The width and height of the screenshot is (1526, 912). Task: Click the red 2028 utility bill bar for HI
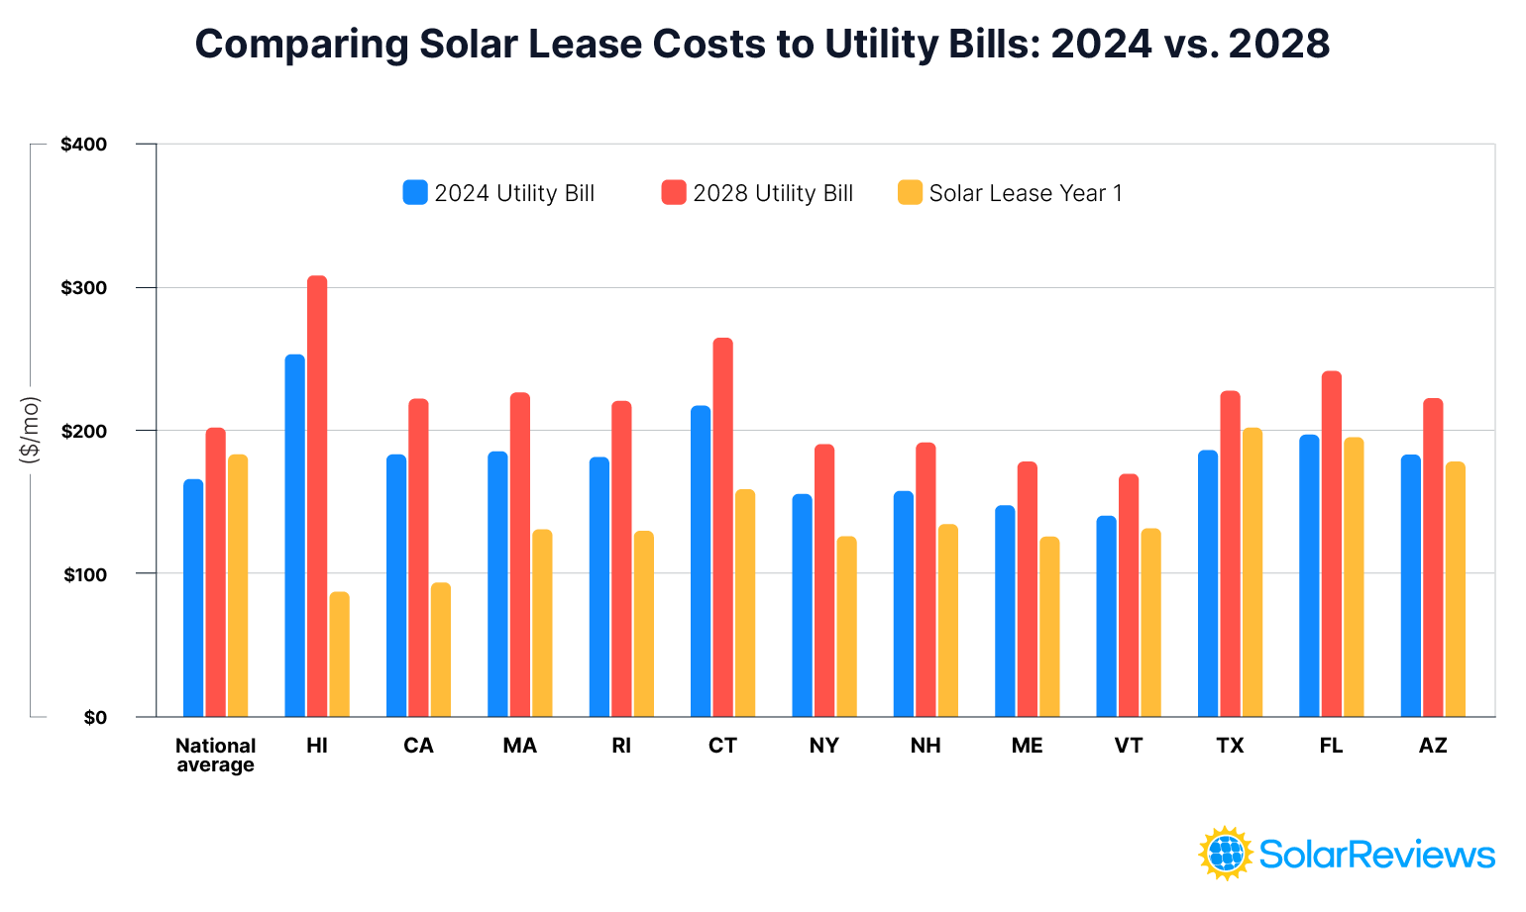(x=317, y=495)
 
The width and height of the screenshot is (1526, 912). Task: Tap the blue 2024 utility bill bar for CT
(x=701, y=560)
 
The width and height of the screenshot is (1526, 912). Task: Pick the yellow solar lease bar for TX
(x=1253, y=572)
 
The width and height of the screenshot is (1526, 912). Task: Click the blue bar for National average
(x=193, y=598)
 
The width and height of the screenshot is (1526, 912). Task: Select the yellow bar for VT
(x=1150, y=622)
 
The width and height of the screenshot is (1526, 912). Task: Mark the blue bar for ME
(x=1005, y=611)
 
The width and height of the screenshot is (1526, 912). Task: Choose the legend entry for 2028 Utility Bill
(x=757, y=193)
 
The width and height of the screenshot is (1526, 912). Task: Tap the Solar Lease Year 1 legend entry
(x=1010, y=193)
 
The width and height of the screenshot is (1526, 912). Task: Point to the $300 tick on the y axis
(x=83, y=288)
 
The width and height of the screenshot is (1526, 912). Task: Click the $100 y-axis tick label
(x=83, y=574)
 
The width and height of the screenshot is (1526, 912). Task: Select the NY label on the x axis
(x=823, y=746)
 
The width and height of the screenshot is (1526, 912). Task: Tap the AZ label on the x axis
(x=1433, y=746)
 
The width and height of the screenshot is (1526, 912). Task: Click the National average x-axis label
(x=215, y=755)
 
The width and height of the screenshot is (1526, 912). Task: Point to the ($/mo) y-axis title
(x=30, y=430)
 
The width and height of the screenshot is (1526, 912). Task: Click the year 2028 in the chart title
(x=1278, y=45)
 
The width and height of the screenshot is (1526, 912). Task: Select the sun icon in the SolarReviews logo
(x=1226, y=853)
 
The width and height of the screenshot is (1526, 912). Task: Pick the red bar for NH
(x=926, y=579)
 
